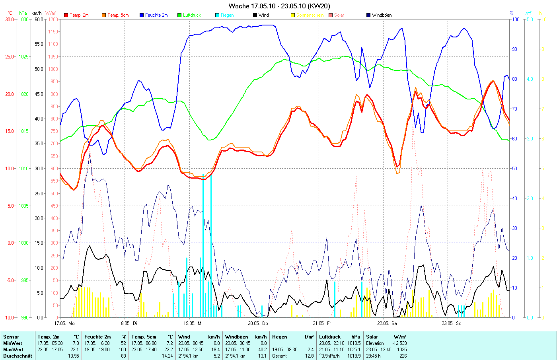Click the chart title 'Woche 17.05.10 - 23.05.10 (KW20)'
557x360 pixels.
[x=279, y=6]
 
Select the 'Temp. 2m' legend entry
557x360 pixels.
[x=79, y=15]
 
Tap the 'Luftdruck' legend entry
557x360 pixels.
[x=192, y=15]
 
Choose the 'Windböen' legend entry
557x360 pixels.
[x=382, y=15]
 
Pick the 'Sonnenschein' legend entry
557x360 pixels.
[x=310, y=15]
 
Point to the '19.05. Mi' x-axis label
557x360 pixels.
[x=193, y=323]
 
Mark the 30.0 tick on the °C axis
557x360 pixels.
[x=10, y=19]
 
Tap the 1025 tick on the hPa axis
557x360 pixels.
[x=24, y=56]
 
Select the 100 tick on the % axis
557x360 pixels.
[x=515, y=19]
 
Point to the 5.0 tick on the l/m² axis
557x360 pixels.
[x=530, y=19]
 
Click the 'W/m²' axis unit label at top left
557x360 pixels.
[x=51, y=13]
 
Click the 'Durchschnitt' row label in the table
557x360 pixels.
[x=18, y=356]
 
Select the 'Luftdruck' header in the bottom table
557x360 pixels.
[x=330, y=337]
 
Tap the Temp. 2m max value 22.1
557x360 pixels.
[x=75, y=350]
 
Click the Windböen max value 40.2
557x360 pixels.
[x=263, y=350]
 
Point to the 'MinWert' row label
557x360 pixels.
[x=13, y=343]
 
